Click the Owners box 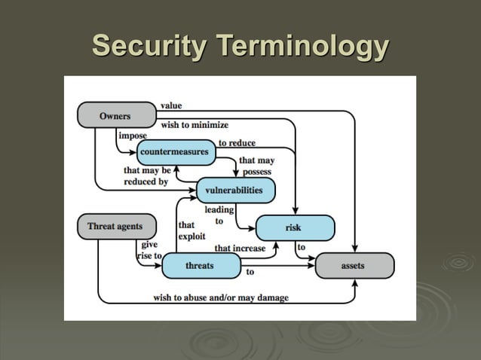pos(115,116)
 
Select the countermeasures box pos(174,152)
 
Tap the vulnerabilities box pos(234,191)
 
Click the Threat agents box pos(115,226)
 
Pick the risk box pos(294,227)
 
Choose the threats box pos(201,266)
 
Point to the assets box pos(354,266)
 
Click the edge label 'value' pos(171,105)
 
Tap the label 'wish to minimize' pos(195,124)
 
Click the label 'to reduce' pos(237,142)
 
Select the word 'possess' pos(256,172)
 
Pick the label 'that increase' pos(240,248)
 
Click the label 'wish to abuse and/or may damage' pos(221,297)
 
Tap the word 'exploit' pos(191,236)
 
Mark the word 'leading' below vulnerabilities pos(219,210)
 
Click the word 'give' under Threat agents pos(149,245)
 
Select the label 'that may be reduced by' pos(146,176)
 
